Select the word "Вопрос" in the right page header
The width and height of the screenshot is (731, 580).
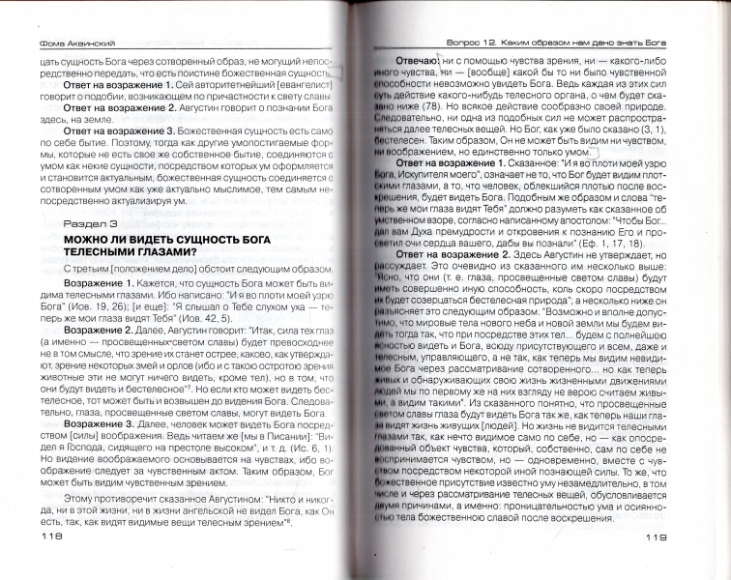click(475, 43)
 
